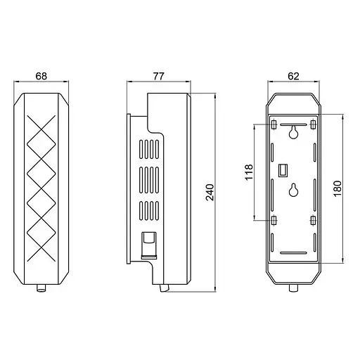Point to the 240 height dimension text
pyautogui.click(x=209, y=191)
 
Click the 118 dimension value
pyautogui.click(x=247, y=173)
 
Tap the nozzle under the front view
pyautogui.click(x=41, y=288)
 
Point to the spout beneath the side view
pyautogui.click(x=165, y=286)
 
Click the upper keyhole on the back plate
pyautogui.click(x=294, y=134)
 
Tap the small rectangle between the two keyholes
pyautogui.click(x=284, y=170)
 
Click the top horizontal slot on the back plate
pyautogui.click(x=294, y=122)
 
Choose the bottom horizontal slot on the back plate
pyautogui.click(x=294, y=252)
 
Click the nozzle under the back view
pyautogui.click(x=294, y=288)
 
